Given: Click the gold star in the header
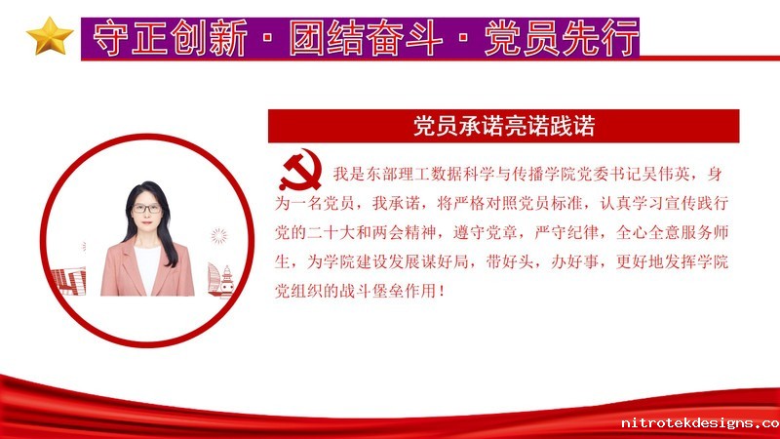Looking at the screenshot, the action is (x=50, y=36).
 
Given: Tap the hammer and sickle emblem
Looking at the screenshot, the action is (x=300, y=171).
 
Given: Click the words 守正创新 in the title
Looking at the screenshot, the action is (x=170, y=38).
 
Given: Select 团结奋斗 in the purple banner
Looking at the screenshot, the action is (x=366, y=38).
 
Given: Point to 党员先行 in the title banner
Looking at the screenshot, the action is (x=562, y=38).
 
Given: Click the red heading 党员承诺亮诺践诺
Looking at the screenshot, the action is (x=504, y=126).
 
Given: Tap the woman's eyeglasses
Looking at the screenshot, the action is (x=147, y=209).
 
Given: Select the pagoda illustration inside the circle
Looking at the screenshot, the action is (x=227, y=282).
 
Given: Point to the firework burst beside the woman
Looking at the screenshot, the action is (x=218, y=235).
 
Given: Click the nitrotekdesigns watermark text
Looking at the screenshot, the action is (x=700, y=423).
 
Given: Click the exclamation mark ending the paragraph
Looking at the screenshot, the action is (x=442, y=291).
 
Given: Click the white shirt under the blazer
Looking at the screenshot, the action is (x=148, y=269).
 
